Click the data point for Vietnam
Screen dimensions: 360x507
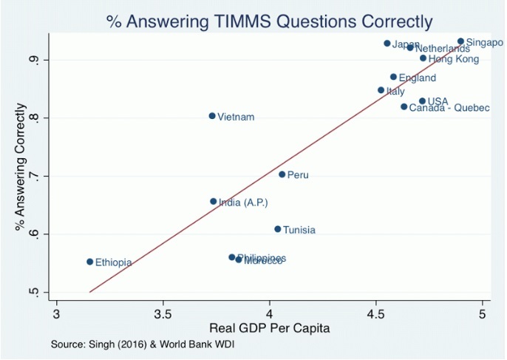(x=212, y=116)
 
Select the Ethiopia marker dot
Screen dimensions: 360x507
(x=90, y=262)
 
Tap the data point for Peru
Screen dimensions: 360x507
(x=282, y=174)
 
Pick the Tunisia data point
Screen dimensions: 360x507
(x=278, y=229)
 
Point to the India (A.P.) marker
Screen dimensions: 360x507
(x=214, y=201)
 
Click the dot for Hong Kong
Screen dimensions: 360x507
(x=423, y=58)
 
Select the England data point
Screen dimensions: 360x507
(x=393, y=77)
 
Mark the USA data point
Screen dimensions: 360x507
(x=422, y=101)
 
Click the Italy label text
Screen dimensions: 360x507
(x=395, y=92)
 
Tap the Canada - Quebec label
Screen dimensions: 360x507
(x=449, y=108)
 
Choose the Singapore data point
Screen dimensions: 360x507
(x=460, y=42)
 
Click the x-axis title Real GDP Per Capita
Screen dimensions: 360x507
(x=269, y=327)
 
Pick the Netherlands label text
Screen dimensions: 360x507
(x=442, y=49)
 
